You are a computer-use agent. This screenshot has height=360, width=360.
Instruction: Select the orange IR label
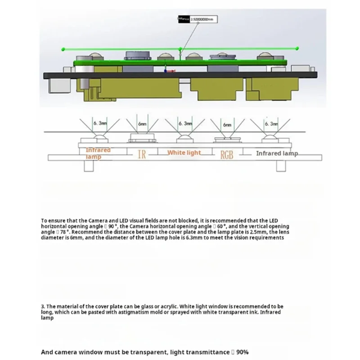(141, 155)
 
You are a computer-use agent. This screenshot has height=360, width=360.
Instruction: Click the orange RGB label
(227, 155)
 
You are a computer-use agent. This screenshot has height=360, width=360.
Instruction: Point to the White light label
(184, 153)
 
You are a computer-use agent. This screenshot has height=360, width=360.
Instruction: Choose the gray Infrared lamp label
(277, 153)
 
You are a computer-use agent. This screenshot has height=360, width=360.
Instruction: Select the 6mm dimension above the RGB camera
(227, 123)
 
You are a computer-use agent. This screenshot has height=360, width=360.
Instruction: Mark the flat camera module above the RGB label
(227, 138)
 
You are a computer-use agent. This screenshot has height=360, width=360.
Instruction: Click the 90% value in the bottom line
(240, 352)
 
